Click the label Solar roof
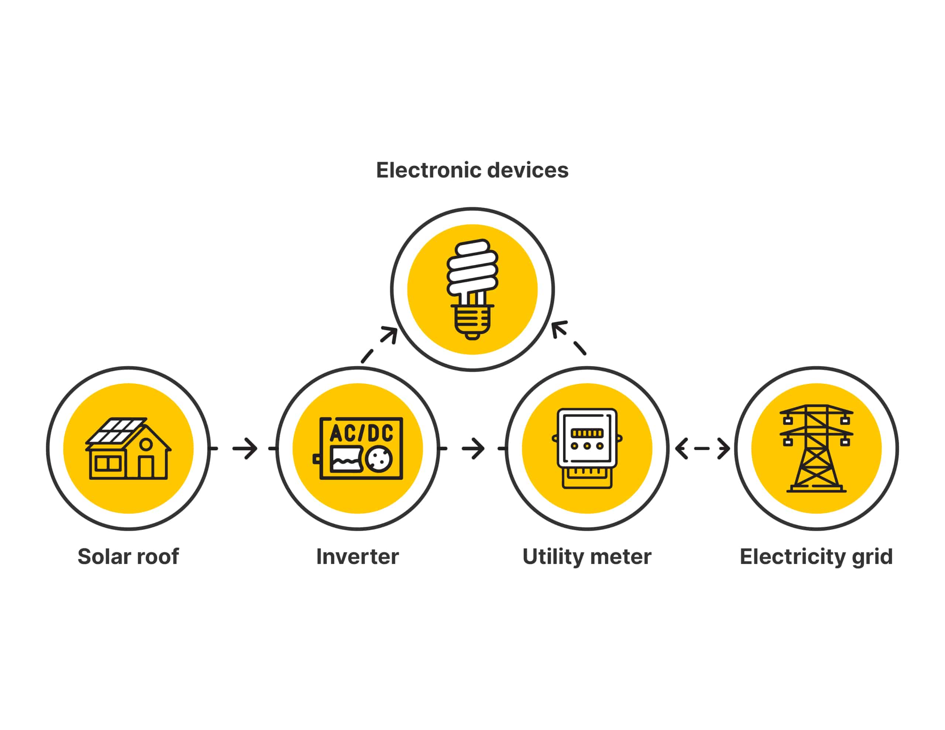point(128,557)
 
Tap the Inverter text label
point(357,557)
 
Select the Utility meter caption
point(587,557)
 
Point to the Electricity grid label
point(816,557)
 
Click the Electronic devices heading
point(472,170)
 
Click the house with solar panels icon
point(128,448)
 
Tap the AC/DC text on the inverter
point(362,433)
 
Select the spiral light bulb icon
point(472,289)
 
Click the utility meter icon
point(587,448)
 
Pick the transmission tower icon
point(816,448)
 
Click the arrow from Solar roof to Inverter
point(243,448)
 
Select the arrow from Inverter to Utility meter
point(472,448)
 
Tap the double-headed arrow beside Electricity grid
point(702,448)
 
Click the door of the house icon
point(146,467)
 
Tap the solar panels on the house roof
point(116,431)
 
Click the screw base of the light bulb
point(472,323)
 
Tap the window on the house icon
point(108,464)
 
